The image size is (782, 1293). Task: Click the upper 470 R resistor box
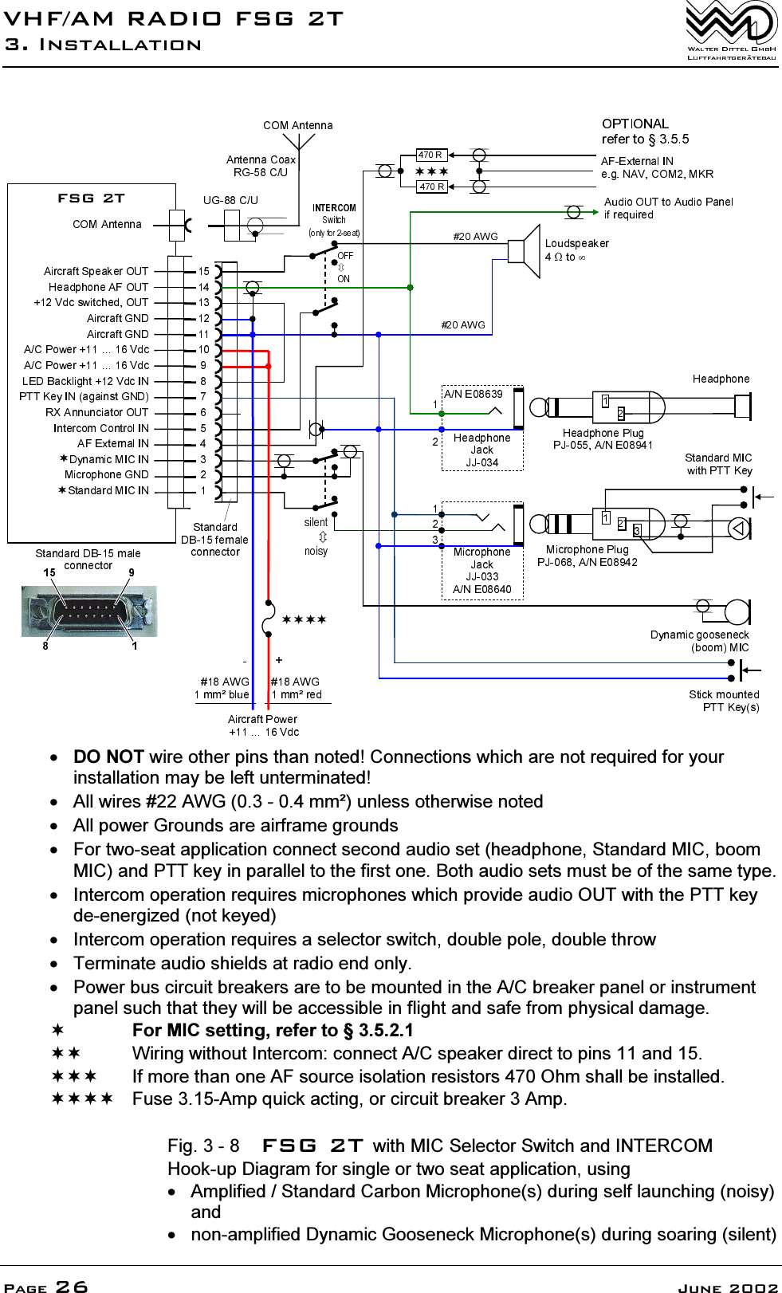pos(431,155)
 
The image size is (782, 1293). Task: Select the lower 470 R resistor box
pos(431,187)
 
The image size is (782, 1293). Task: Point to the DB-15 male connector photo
pos(89,611)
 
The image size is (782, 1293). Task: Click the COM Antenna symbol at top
pos(298,142)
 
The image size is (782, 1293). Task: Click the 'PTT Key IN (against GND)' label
pos(84,396)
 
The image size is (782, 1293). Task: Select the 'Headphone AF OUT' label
pos(98,287)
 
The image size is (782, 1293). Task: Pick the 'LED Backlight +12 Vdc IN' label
pos(85,381)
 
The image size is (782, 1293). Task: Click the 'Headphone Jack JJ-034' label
pos(481,450)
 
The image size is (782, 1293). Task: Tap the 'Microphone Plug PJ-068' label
pos(587,556)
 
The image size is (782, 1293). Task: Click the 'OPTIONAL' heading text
pos(635,124)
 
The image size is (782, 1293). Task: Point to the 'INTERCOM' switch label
pos(334,208)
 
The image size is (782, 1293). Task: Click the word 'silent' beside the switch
pos(316,522)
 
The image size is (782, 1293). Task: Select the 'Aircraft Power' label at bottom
pos(262,719)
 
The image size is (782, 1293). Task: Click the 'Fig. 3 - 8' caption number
pos(203,1146)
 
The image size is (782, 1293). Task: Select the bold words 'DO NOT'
pos(108,757)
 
